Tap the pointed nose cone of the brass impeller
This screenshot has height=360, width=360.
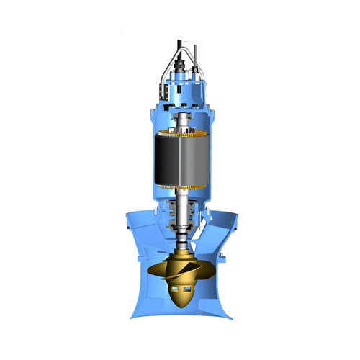[180, 302]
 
